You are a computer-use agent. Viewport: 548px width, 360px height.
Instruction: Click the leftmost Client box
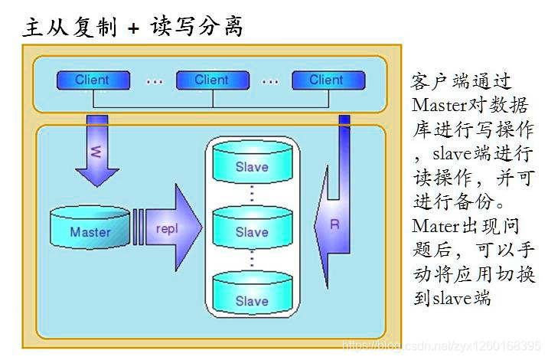(x=93, y=80)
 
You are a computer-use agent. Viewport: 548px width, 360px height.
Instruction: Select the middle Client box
(x=212, y=80)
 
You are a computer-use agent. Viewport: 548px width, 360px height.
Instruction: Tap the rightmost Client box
(x=327, y=80)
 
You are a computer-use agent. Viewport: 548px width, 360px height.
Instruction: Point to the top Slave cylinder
(x=252, y=164)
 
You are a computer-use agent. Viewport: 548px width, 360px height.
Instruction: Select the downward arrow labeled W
(x=96, y=152)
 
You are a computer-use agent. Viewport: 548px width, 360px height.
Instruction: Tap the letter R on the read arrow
(x=334, y=224)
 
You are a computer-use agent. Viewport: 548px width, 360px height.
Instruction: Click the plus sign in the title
(x=135, y=28)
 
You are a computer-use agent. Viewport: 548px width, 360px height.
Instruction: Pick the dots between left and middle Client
(x=154, y=80)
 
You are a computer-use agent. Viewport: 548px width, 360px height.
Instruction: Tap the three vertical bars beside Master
(x=138, y=228)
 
